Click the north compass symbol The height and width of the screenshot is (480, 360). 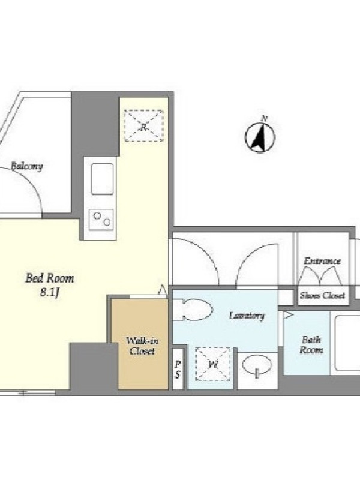(260, 137)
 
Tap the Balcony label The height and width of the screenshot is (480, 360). (27, 166)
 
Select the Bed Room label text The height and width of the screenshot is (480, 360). (50, 278)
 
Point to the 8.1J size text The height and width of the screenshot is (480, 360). (49, 293)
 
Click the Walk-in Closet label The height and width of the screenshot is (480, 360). (142, 346)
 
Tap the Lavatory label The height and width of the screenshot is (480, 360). (247, 316)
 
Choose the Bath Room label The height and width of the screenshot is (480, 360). (311, 344)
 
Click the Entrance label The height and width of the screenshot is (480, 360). (322, 261)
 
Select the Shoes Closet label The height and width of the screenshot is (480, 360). (323, 295)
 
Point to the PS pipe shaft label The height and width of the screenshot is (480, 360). (178, 369)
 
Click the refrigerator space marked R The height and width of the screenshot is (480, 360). (144, 125)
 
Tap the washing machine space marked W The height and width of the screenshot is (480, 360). (213, 364)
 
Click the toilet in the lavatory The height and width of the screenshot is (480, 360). (193, 310)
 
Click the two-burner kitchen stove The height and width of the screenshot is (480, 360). (101, 219)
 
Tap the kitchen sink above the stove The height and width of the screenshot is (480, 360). (102, 179)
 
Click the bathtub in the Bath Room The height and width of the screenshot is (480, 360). (347, 343)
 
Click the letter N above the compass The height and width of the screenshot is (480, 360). (265, 119)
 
